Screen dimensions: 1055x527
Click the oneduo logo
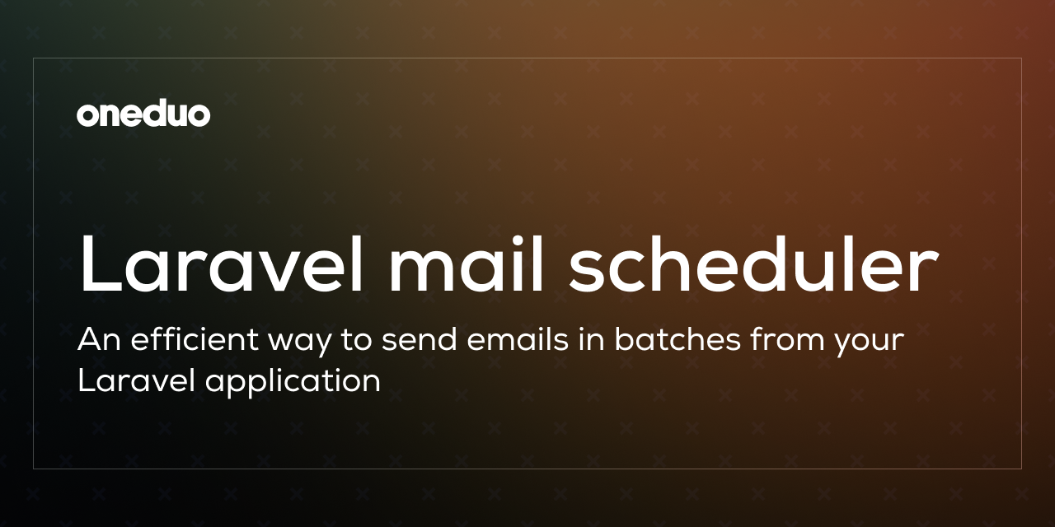click(143, 114)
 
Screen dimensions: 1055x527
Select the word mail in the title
click(467, 264)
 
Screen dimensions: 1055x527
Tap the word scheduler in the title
click(753, 264)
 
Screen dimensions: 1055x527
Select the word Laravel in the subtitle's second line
click(137, 380)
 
